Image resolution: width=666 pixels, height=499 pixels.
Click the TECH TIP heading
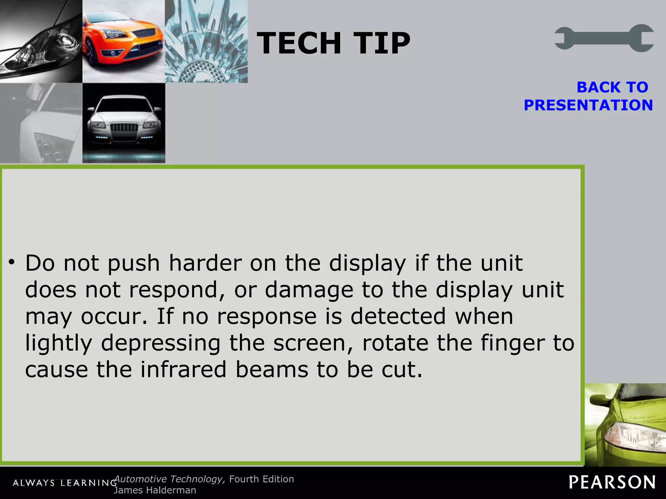click(x=334, y=43)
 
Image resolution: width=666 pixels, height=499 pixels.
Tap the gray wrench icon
click(x=604, y=38)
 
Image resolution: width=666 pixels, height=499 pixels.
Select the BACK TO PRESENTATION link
click(x=588, y=96)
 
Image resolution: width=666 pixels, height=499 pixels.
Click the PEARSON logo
click(x=612, y=482)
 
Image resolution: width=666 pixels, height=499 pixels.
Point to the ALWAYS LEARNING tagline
click(x=65, y=483)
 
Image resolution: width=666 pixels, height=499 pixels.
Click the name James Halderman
click(x=155, y=490)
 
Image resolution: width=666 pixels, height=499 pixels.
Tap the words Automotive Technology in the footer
click(x=169, y=479)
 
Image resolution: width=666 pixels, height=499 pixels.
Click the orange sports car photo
click(x=124, y=41)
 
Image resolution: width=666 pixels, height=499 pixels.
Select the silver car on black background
click(x=124, y=123)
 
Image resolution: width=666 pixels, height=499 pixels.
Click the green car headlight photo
click(x=625, y=425)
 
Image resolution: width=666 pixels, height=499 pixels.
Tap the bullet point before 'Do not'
click(x=12, y=262)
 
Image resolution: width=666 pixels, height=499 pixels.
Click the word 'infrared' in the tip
click(x=183, y=370)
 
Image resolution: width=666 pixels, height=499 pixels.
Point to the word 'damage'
click(x=309, y=290)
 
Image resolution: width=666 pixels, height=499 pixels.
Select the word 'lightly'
click(x=59, y=344)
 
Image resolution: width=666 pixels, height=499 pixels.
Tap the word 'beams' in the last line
click(x=272, y=370)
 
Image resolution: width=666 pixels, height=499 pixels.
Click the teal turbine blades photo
click(x=206, y=41)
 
